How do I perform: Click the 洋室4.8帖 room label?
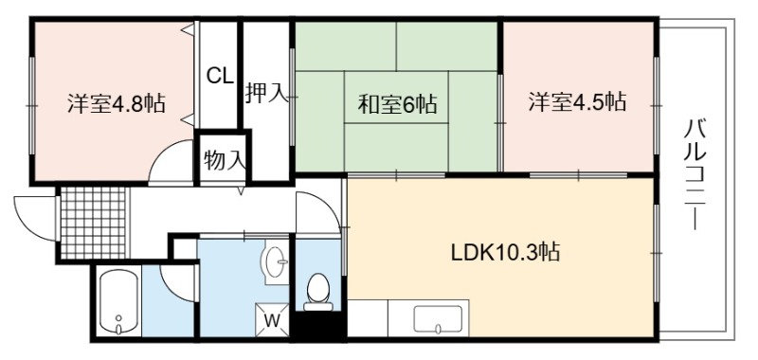click(117, 103)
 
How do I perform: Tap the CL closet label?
click(221, 76)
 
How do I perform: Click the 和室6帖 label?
click(397, 103)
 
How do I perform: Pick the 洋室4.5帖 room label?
click(577, 102)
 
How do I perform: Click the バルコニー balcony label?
click(695, 175)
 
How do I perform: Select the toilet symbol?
click(318, 292)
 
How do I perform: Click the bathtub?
click(119, 302)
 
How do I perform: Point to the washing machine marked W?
click(272, 319)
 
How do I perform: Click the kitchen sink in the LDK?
click(438, 319)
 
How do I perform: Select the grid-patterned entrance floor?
click(94, 224)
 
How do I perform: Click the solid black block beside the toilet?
click(320, 325)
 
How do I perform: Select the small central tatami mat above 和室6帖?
click(396, 98)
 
